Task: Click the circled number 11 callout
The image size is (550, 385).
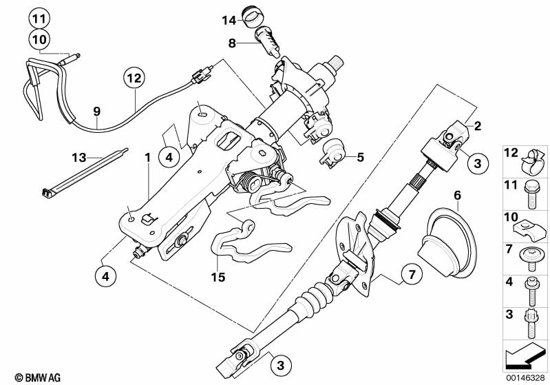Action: (40, 18)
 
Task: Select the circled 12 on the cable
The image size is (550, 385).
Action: (134, 79)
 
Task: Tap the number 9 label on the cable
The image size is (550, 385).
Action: (96, 110)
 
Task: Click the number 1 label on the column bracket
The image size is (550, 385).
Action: (147, 158)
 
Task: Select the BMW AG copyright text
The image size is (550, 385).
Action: (28, 377)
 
